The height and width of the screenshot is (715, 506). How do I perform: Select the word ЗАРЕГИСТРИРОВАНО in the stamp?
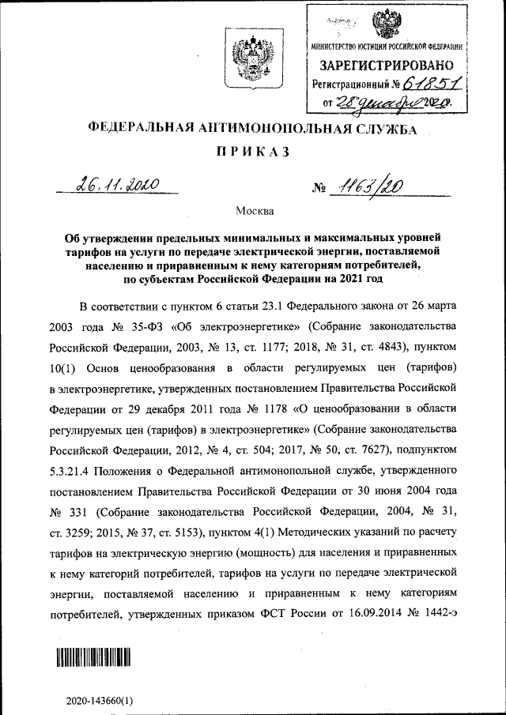(x=386, y=65)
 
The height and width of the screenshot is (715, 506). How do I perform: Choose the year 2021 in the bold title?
(x=357, y=279)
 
